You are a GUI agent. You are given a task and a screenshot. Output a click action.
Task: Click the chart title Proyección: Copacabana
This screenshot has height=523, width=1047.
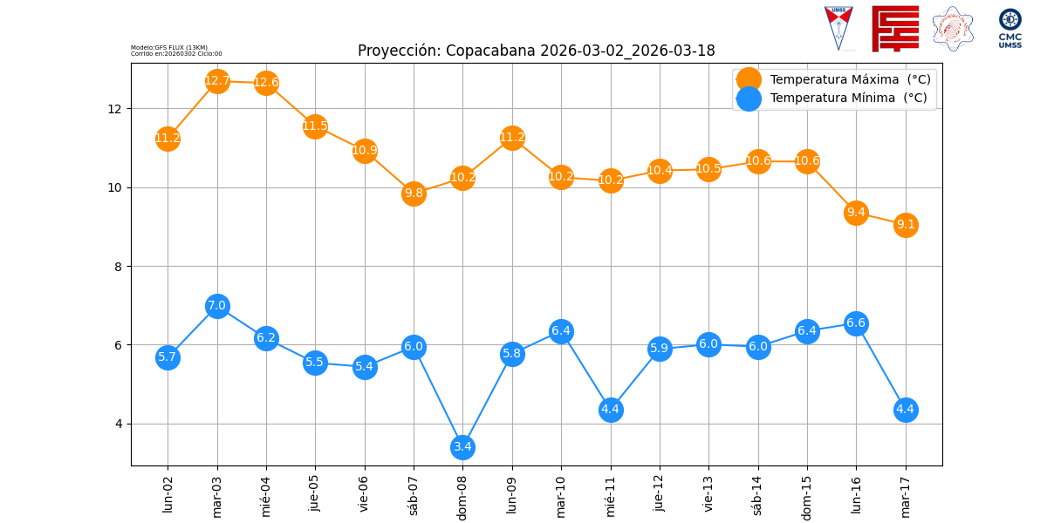point(536,51)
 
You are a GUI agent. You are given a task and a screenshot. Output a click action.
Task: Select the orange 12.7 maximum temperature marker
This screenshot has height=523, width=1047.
point(217,81)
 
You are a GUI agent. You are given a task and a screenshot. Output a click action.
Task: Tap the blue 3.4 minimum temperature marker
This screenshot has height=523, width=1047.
point(462,447)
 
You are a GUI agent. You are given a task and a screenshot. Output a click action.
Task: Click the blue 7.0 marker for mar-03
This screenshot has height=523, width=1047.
point(217,306)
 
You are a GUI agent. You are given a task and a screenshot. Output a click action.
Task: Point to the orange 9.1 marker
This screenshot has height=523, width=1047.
point(906,225)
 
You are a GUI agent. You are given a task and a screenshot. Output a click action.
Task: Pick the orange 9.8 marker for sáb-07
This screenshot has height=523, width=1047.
point(414,194)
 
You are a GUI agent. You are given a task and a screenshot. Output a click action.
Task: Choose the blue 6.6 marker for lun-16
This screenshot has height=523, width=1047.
point(856,323)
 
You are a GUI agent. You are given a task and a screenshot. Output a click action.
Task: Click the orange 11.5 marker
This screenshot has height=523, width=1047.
point(315,126)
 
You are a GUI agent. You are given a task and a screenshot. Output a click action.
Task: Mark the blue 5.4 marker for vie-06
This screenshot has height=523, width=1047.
point(365,367)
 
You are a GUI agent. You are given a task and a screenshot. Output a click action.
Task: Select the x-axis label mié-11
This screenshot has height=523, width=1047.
point(610,495)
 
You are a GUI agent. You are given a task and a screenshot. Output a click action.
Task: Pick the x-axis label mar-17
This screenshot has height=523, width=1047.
point(906,495)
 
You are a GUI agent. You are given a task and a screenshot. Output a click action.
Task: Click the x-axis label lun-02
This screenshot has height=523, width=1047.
point(168,493)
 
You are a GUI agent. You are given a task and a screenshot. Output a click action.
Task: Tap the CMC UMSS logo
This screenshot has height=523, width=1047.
point(1009,28)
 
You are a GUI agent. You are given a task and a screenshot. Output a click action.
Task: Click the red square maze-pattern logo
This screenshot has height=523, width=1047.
point(895,28)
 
